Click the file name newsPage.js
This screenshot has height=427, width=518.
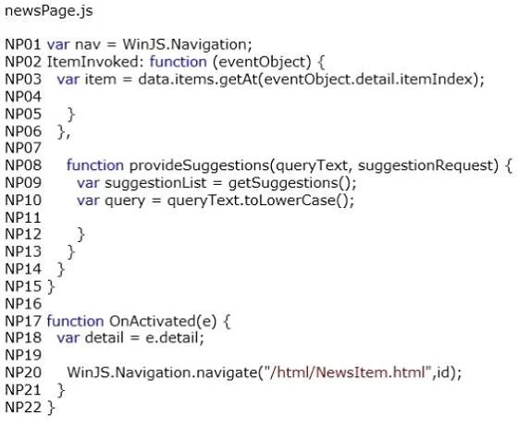(x=49, y=11)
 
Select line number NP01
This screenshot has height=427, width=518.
(x=23, y=44)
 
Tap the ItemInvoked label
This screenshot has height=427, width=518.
(x=93, y=62)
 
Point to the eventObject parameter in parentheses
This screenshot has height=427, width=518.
(x=262, y=63)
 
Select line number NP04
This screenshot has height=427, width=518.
(x=23, y=97)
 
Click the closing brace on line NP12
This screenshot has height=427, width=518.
(x=81, y=235)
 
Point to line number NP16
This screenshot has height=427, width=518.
(x=23, y=303)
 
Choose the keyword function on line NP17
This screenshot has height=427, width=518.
(x=75, y=321)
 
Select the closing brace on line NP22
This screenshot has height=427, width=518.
(x=51, y=408)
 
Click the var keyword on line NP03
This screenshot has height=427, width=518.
(x=68, y=79)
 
